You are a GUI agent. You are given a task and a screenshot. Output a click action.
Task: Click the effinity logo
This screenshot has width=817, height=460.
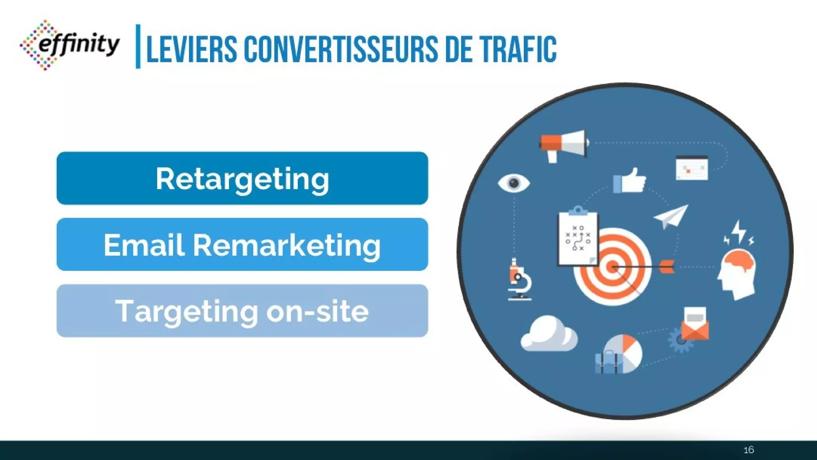pyautogui.click(x=70, y=45)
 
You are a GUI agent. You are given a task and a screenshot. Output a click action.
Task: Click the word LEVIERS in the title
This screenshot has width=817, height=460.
pyautogui.click(x=192, y=50)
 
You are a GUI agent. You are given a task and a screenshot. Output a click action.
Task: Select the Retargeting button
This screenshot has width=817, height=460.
pyautogui.click(x=242, y=178)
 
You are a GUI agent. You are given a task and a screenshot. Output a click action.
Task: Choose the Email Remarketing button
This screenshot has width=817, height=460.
pyautogui.click(x=242, y=244)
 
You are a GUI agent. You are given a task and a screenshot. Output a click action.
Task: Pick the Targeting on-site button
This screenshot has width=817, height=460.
pyautogui.click(x=242, y=311)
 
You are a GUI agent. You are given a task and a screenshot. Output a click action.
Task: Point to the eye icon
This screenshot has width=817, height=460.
pyautogui.click(x=514, y=183)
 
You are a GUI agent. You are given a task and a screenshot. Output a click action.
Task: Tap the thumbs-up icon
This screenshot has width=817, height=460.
pyautogui.click(x=630, y=181)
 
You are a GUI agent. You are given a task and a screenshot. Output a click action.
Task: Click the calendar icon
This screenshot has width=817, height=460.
pyautogui.click(x=692, y=168)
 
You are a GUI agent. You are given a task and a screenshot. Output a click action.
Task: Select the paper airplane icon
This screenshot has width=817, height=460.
pyautogui.click(x=671, y=216)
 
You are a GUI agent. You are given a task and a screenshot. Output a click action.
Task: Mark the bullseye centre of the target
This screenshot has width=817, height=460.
pyautogui.click(x=613, y=267)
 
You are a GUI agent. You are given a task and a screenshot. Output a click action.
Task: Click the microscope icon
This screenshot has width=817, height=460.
pyautogui.click(x=519, y=280)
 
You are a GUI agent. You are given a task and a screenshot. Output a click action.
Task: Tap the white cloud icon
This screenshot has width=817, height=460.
pyautogui.click(x=549, y=334)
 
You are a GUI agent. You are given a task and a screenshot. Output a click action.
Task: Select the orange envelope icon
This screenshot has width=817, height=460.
pyautogui.click(x=695, y=324)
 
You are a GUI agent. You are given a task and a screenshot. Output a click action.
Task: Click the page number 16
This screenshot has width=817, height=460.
pyautogui.click(x=749, y=450)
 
